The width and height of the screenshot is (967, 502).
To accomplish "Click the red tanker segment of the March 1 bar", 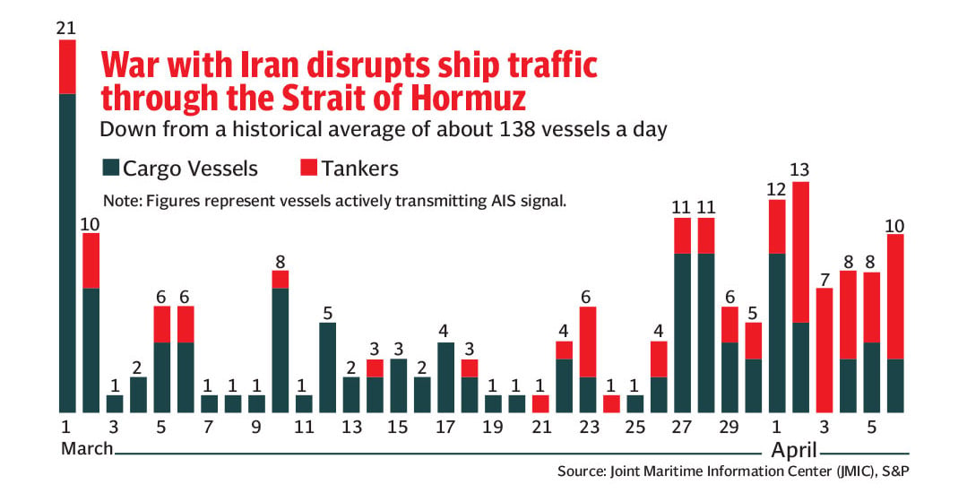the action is coord(67,66).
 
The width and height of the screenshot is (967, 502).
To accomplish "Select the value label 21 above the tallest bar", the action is coord(65,28).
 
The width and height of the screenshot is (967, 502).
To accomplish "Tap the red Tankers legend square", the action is coord(308,168).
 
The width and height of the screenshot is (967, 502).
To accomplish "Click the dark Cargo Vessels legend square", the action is coord(110,168).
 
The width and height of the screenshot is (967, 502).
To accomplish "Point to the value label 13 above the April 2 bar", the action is coord(799,169).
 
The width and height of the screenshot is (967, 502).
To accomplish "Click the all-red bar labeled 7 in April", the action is coord(824,351).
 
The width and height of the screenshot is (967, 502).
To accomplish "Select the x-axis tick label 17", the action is coord(445,427).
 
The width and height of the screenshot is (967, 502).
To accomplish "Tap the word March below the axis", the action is coord(87,448).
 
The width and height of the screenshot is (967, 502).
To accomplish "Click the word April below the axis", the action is coord(794,450).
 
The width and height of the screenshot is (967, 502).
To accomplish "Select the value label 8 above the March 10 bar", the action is coord(280,262).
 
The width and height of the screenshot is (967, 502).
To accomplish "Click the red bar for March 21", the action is coord(540,404).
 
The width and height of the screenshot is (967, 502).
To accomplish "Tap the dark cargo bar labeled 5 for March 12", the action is coord(327,368).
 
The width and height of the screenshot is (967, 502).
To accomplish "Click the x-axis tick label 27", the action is coord(681,427).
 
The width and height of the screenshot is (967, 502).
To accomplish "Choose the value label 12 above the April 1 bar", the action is coord(776,189).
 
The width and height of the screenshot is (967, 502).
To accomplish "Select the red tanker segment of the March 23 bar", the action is coord(588,342).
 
